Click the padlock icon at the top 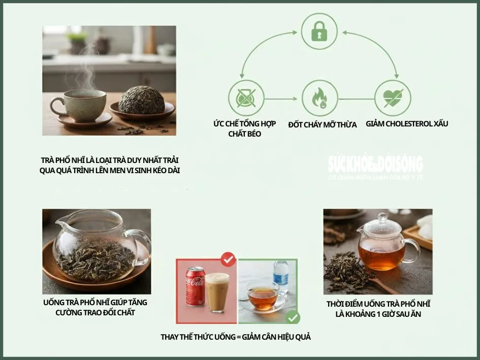click(x=319, y=32)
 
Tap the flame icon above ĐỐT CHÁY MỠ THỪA click(x=319, y=98)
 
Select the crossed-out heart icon click(x=392, y=98)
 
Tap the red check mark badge click(x=228, y=260)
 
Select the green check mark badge click(x=293, y=318)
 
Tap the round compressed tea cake click(x=141, y=100)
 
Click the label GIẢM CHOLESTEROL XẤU click(x=407, y=123)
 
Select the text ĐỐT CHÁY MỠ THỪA click(x=322, y=125)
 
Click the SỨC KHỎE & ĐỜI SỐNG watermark click(x=375, y=165)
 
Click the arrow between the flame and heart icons click(x=356, y=99)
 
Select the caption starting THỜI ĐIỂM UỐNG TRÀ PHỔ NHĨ click(x=378, y=309)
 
